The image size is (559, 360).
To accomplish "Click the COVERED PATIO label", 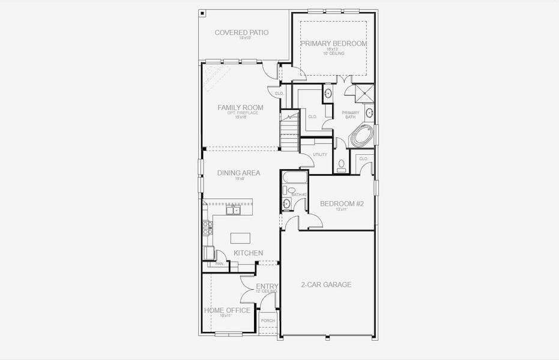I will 241,32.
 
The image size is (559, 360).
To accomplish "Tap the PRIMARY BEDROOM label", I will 333,43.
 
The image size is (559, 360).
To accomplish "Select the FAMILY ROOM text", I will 241,107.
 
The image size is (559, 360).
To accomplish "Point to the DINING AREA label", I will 238,173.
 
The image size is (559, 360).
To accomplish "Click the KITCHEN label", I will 248,253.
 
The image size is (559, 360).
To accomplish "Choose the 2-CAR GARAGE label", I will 326,284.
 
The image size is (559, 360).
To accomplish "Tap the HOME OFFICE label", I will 227,310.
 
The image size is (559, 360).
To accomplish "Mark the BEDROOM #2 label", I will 342,204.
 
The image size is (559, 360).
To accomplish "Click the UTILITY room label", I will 320,155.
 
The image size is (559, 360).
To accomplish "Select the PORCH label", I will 268,320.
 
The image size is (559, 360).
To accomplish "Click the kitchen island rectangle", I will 240,238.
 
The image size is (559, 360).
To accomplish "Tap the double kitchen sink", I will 233,210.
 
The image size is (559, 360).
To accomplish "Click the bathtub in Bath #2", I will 295,177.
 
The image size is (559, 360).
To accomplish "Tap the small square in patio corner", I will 202,13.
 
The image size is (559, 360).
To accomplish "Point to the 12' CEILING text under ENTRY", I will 267,292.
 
